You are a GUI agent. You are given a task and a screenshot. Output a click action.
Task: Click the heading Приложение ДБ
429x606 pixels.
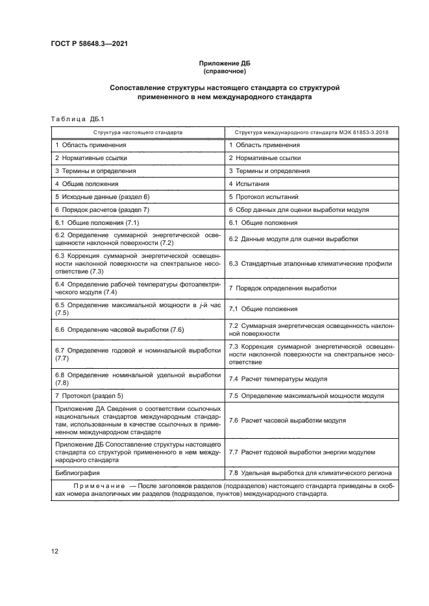point(224,63)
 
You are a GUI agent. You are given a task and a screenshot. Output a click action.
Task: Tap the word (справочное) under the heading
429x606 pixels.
point(224,71)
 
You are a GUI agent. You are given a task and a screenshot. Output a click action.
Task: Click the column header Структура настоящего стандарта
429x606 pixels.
point(138,132)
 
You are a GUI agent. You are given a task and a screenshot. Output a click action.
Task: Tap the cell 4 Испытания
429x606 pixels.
point(250,184)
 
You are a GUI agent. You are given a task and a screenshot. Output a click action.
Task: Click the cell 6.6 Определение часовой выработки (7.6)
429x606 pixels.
point(120,330)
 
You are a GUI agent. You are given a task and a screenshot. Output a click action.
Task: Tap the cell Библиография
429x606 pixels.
point(73,473)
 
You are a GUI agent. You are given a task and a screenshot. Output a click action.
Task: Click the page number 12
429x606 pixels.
point(55,551)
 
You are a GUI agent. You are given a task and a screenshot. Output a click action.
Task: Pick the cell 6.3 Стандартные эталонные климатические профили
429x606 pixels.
point(310,263)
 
